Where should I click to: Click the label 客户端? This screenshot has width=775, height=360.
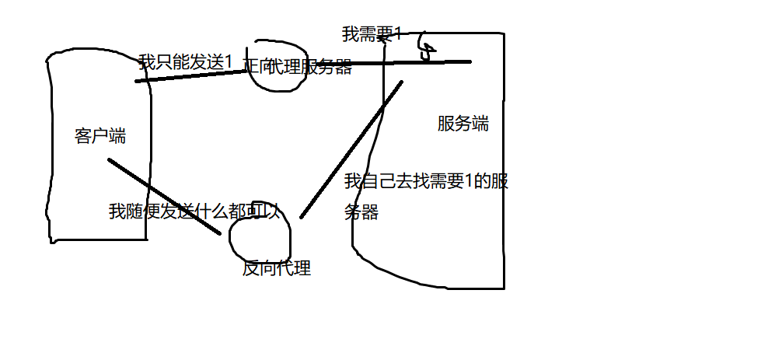click(x=100, y=136)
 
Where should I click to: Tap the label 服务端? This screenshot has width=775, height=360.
click(x=463, y=124)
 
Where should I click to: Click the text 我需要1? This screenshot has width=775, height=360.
click(x=372, y=34)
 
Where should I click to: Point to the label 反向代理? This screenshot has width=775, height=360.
click(x=277, y=269)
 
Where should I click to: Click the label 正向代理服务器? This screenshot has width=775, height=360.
click(x=298, y=68)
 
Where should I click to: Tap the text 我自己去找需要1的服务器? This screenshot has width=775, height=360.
click(x=426, y=182)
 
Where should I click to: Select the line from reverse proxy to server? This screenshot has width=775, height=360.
click(x=351, y=149)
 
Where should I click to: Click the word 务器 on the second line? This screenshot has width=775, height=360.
click(x=361, y=212)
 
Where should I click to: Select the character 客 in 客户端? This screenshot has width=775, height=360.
click(x=83, y=136)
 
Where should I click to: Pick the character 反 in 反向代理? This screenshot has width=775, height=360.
click(x=251, y=269)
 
